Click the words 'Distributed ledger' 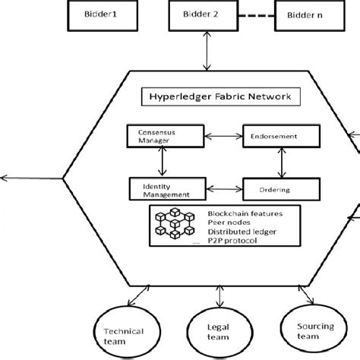pyautogui.click(x=238, y=230)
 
